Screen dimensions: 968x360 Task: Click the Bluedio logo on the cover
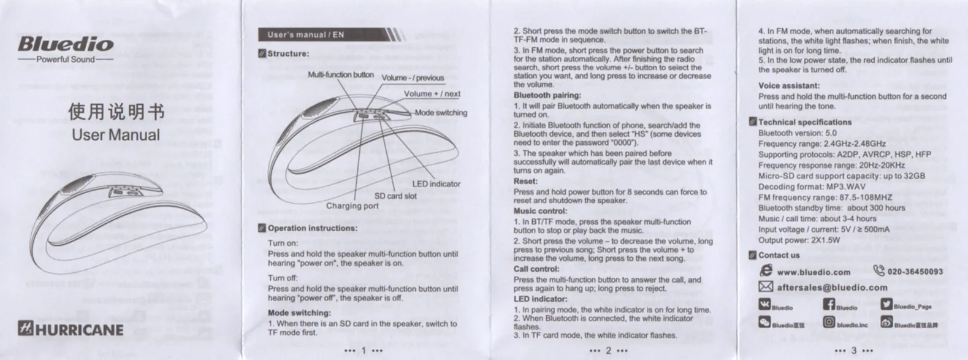[x=66, y=44]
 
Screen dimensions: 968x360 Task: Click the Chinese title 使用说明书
[x=116, y=112]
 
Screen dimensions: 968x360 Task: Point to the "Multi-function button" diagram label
[x=340, y=75]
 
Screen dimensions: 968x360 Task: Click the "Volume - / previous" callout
[x=413, y=78]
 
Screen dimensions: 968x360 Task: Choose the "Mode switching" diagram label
[x=441, y=113]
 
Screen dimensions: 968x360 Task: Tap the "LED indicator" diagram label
[x=436, y=184]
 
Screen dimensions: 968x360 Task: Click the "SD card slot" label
[x=395, y=196]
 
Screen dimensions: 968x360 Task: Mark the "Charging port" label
[x=352, y=206]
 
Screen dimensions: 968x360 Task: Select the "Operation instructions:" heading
[x=312, y=228]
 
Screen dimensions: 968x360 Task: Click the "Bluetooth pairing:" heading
[x=547, y=95]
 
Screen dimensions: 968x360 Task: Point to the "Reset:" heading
[x=525, y=182]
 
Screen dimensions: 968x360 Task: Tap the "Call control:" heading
[x=536, y=269]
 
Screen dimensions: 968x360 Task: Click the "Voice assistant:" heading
[x=788, y=86]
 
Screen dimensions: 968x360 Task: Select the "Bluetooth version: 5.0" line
[x=797, y=133]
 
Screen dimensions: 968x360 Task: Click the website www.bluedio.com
[x=814, y=272]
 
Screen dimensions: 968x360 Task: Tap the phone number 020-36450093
[x=915, y=272]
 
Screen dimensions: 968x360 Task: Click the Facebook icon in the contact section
[x=829, y=305]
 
